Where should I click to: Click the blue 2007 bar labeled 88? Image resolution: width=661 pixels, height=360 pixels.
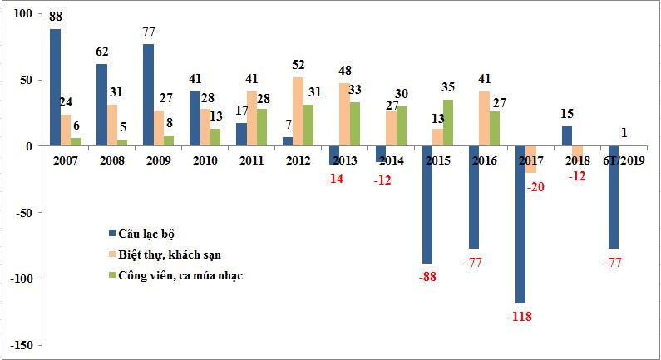55,87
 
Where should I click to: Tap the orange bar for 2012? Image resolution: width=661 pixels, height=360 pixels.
297,111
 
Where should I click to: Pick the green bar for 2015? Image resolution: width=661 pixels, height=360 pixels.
449,123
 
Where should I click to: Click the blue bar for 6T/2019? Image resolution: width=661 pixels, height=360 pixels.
614,197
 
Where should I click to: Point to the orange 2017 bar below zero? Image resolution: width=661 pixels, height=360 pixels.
531,160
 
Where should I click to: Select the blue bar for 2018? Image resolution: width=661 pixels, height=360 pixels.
567,136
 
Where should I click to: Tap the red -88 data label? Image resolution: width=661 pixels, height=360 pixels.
427,275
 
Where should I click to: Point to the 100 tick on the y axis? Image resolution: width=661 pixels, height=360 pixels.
19,14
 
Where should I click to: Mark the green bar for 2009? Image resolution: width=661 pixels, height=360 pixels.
169,141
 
